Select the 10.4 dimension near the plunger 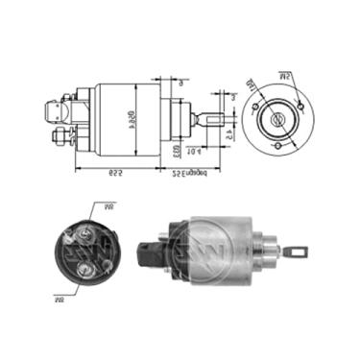click(x=192, y=152)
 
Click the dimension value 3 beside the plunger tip click(x=231, y=97)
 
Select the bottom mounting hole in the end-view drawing click(x=278, y=147)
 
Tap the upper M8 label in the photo click(x=108, y=204)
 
